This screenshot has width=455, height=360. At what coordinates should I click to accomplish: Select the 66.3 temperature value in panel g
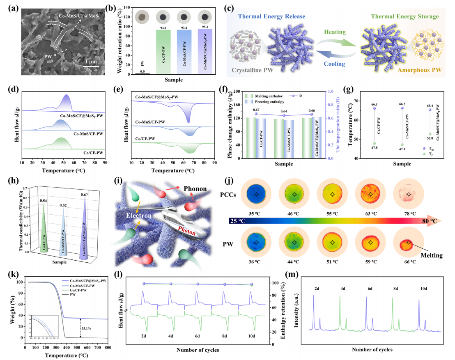[x=402, y=104]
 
